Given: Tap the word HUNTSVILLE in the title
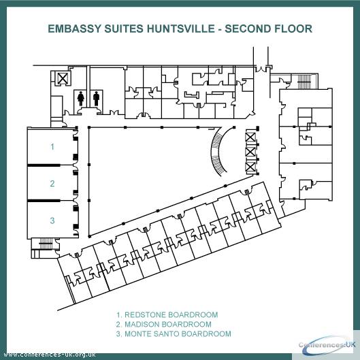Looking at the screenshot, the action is click(x=181, y=29).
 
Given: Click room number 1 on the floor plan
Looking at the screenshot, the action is click(x=52, y=146).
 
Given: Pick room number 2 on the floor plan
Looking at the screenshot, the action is click(x=52, y=184).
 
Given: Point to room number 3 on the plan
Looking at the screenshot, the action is click(x=52, y=220).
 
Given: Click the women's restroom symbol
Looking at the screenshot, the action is click(x=80, y=99).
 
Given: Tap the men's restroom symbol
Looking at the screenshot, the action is click(x=97, y=99).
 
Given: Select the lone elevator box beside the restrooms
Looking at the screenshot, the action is click(x=63, y=78).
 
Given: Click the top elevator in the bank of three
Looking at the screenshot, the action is click(x=250, y=137).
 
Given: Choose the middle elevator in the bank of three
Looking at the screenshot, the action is click(x=250, y=152).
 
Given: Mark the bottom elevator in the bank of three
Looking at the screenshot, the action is click(x=250, y=167).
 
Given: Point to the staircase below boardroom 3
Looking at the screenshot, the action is click(x=46, y=244).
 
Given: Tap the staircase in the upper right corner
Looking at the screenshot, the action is click(x=304, y=82).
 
